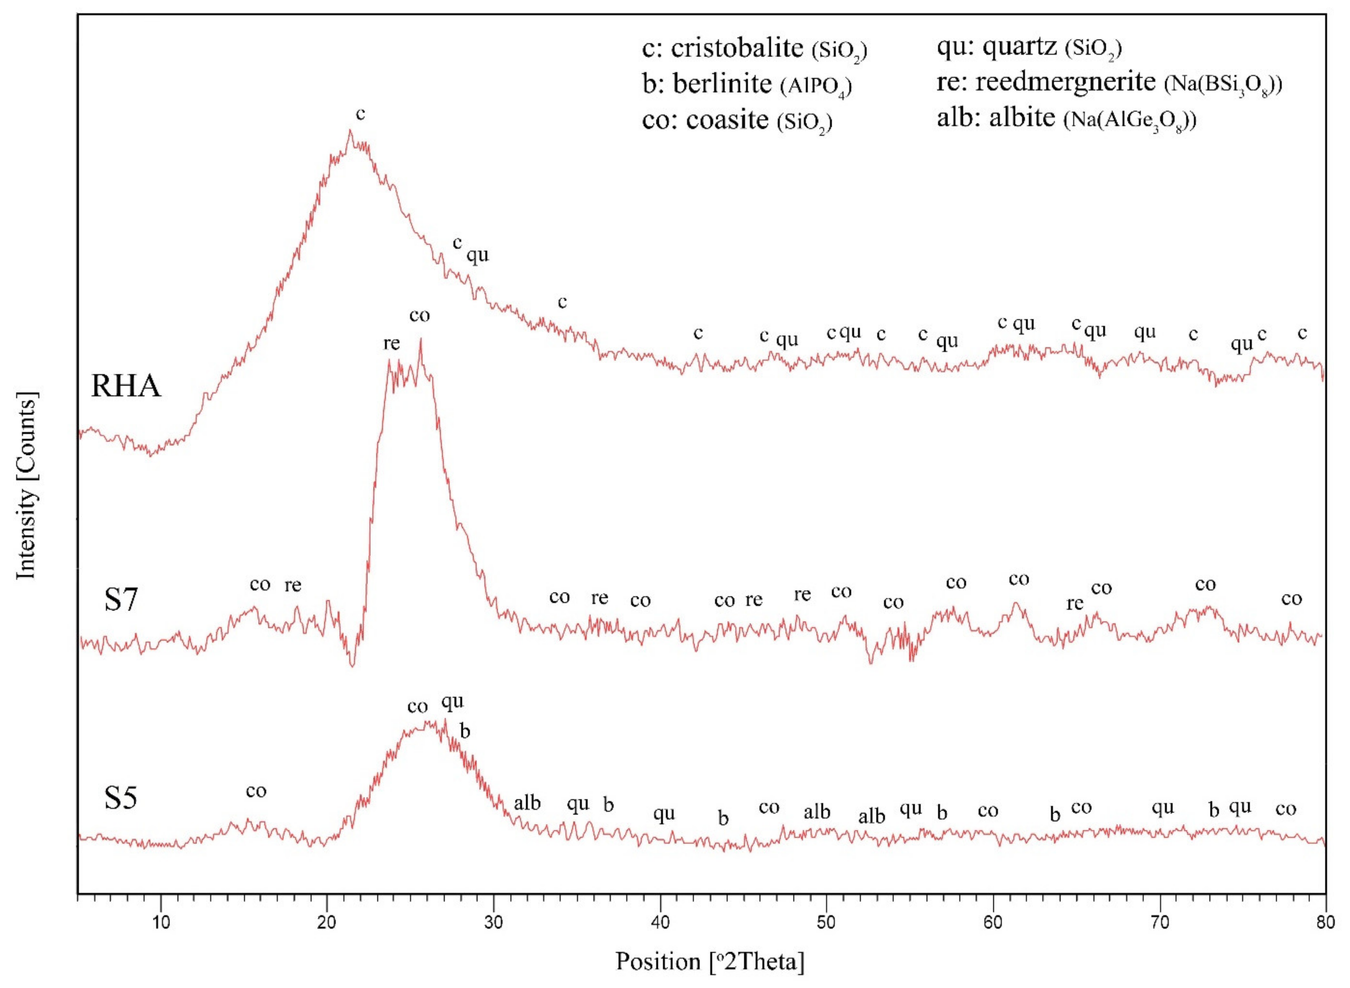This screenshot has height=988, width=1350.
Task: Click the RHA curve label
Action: tap(126, 386)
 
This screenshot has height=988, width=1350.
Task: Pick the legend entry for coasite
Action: tap(737, 120)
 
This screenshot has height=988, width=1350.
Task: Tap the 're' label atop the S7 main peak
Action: tap(392, 344)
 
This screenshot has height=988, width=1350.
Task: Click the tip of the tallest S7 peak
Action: tap(421, 340)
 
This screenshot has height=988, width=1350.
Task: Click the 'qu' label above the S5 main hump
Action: tap(452, 701)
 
